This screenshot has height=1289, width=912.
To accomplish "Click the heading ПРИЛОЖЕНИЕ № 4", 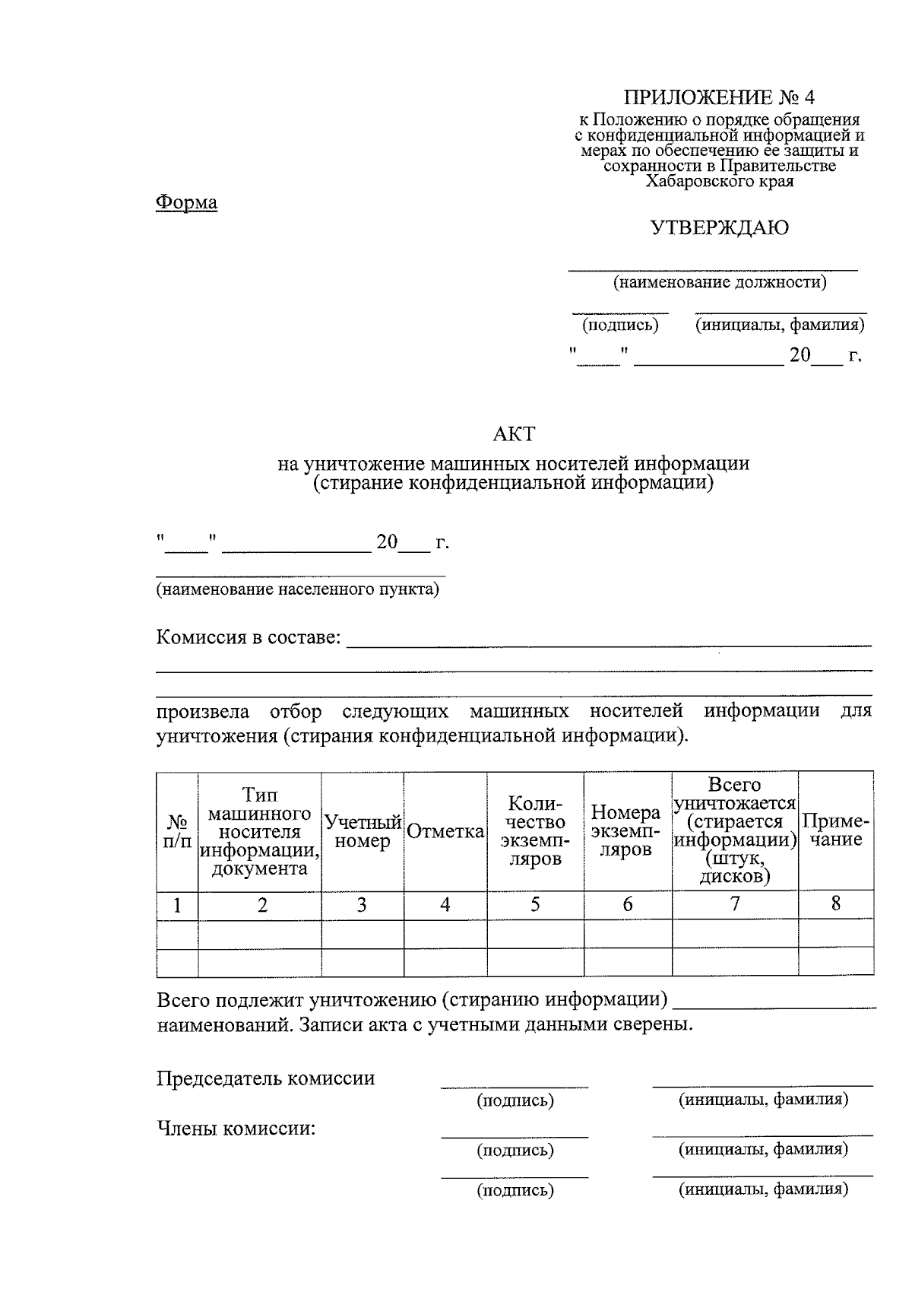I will coord(718,97).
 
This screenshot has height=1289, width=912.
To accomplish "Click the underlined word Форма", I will coord(186,202).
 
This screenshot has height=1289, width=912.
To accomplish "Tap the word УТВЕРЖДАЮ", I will coord(719,227).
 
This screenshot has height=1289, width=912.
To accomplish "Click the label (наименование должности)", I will coord(719,283).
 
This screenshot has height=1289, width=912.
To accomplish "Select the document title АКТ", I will coord(514,434).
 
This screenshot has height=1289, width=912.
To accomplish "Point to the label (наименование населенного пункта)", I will coord(297,589).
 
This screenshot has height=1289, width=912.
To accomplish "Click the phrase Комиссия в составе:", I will coord(249,637).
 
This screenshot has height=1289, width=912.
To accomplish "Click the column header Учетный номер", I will coord(362,831).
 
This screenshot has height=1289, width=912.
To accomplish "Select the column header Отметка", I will coord(445,832).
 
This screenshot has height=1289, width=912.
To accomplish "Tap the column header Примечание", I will coord(835,830).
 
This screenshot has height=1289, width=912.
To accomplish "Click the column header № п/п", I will coord(177,831).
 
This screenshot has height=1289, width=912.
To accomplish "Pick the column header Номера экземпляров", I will coord(626,831).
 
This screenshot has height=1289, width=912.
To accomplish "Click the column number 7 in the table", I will coord(734,903).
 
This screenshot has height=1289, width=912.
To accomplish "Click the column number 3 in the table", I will coord(362,905).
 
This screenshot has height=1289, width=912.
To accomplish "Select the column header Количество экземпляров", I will coord(535,831).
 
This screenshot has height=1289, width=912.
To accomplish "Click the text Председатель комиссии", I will coord(265,1078).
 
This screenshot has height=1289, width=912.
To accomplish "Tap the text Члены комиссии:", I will coord(236,1128).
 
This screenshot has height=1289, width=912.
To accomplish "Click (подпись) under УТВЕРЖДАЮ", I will coord(620,325).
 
